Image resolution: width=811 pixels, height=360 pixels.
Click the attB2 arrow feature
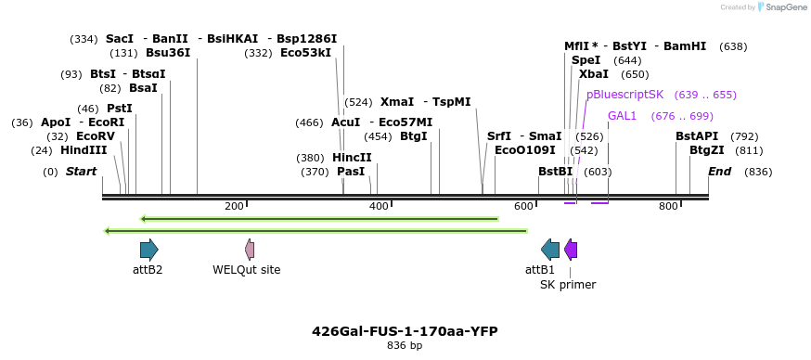point(148,249)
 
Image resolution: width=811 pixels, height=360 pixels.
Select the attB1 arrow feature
point(550,249)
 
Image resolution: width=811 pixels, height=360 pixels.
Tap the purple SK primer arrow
point(571,249)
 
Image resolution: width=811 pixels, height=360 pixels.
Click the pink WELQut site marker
point(250,249)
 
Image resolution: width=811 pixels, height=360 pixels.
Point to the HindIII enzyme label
point(84,150)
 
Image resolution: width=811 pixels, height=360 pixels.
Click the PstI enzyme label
point(120,109)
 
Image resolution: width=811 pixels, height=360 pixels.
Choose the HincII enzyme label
point(352,158)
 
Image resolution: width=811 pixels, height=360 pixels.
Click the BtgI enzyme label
point(414,136)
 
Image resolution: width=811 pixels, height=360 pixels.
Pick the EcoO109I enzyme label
point(525,150)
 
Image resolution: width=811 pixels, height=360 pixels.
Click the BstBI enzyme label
point(556,172)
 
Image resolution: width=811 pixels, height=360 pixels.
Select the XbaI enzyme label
point(594,74)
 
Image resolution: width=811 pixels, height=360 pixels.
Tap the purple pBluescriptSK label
point(624,95)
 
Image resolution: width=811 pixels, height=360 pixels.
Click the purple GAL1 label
point(623,116)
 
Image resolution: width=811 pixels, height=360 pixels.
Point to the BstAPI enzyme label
point(697,136)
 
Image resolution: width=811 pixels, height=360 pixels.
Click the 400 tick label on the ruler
point(379,206)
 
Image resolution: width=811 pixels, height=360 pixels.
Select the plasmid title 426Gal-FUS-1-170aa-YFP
point(405,331)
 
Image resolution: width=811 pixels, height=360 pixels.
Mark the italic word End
point(720,172)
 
